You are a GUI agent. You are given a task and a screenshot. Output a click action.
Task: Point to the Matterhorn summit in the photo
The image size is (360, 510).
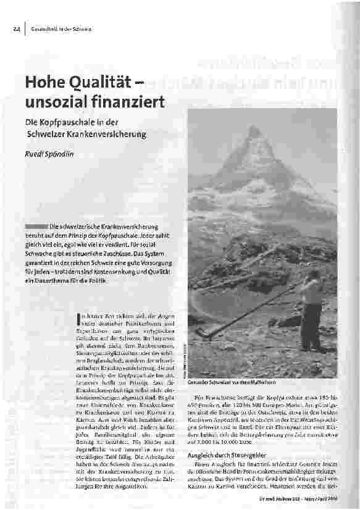click(254, 132)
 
